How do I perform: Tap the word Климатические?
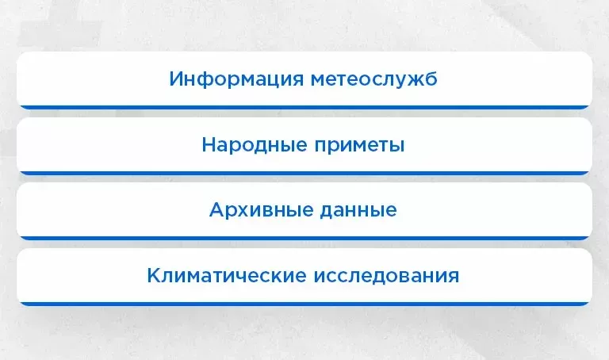(226, 276)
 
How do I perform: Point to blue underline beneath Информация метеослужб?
(304, 107)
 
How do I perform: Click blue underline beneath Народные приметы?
(304, 172)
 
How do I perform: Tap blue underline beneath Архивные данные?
(304, 237)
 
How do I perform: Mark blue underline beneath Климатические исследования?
(304, 303)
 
